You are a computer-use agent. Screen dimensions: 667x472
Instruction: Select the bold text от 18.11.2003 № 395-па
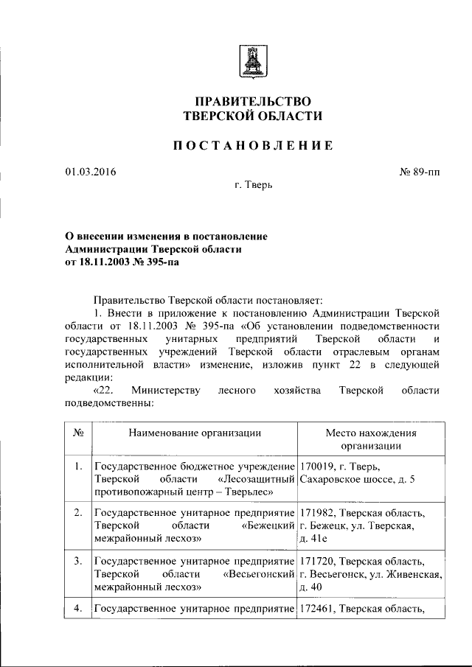coord(122,261)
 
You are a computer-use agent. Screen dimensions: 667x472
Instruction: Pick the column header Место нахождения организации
coord(371,439)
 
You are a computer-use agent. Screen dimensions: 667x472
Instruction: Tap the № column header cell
coord(77,433)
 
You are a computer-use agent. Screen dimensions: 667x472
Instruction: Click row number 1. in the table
coord(77,466)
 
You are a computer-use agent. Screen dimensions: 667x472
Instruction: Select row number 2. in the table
coord(77,511)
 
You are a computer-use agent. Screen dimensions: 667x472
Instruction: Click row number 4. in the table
coord(77,609)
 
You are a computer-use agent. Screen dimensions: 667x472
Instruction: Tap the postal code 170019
coord(318,466)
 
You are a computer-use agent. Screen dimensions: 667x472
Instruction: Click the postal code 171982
coord(318,512)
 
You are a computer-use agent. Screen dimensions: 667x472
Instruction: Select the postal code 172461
coord(318,609)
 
